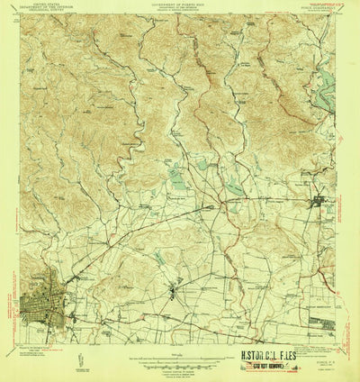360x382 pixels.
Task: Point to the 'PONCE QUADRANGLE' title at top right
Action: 314,8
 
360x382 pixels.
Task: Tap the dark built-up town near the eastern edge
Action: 319,202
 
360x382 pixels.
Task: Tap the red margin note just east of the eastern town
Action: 350,202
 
